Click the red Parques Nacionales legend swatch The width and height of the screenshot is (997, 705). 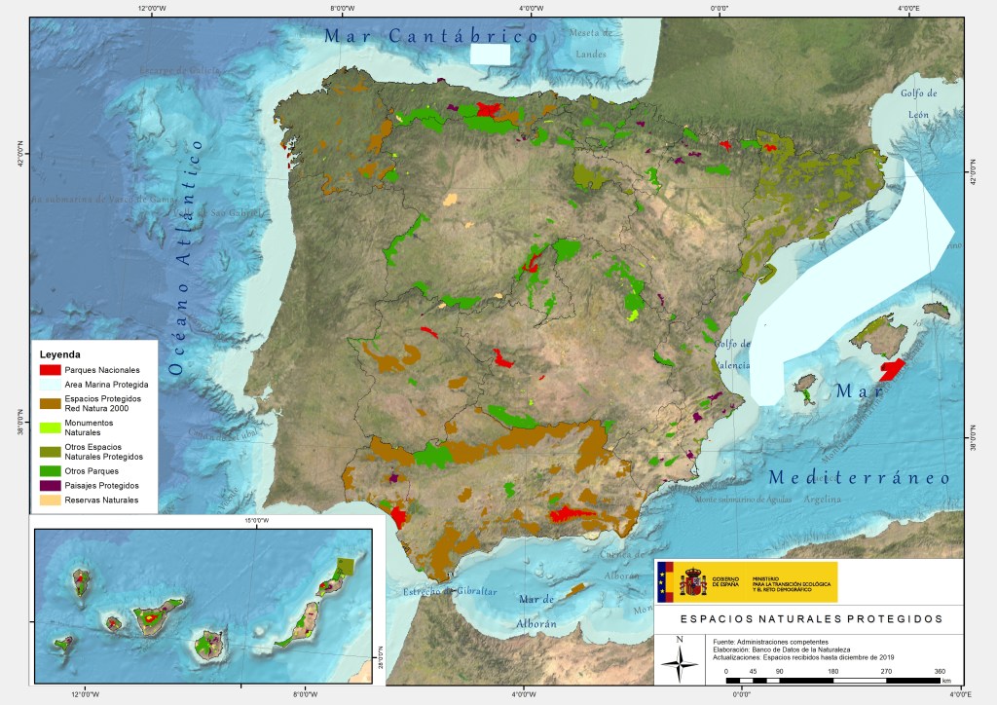pyautogui.click(x=51, y=370)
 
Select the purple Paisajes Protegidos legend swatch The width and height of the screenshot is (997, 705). pyautogui.click(x=51, y=485)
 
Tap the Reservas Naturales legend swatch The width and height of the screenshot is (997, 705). pyautogui.click(x=51, y=501)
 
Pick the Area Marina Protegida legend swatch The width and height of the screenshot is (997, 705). pyautogui.click(x=51, y=385)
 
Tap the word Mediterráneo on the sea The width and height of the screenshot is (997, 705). pyautogui.click(x=858, y=478)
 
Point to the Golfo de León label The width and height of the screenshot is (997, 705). pyautogui.click(x=918, y=103)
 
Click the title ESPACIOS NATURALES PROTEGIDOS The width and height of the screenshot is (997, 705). pyautogui.click(x=810, y=618)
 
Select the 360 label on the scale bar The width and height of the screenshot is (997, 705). pyautogui.click(x=940, y=672)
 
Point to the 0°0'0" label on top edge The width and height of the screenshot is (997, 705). pyautogui.click(x=720, y=9)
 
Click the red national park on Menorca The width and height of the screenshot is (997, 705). pyautogui.click(x=892, y=370)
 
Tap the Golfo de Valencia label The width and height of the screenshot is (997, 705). pyautogui.click(x=732, y=353)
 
